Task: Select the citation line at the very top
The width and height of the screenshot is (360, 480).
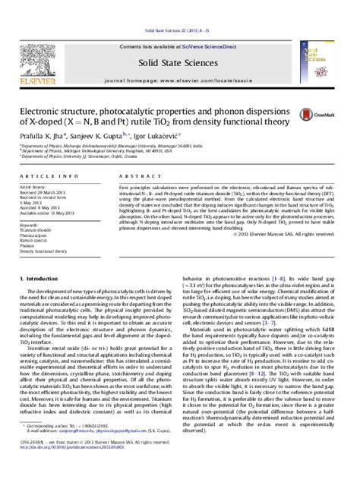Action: (179, 7)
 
